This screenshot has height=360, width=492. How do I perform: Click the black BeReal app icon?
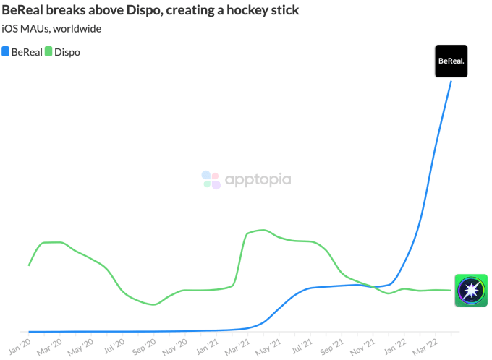[450, 61]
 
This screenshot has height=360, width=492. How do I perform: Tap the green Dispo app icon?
[470, 291]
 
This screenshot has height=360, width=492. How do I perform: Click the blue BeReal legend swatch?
[7, 52]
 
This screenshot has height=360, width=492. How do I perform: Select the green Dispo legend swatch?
[49, 52]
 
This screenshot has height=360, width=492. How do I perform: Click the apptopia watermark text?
[258, 179]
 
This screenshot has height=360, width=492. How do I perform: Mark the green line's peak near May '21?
[264, 230]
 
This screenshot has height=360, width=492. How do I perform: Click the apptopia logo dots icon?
[211, 179]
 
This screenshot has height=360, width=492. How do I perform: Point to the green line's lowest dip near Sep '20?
[153, 304]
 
